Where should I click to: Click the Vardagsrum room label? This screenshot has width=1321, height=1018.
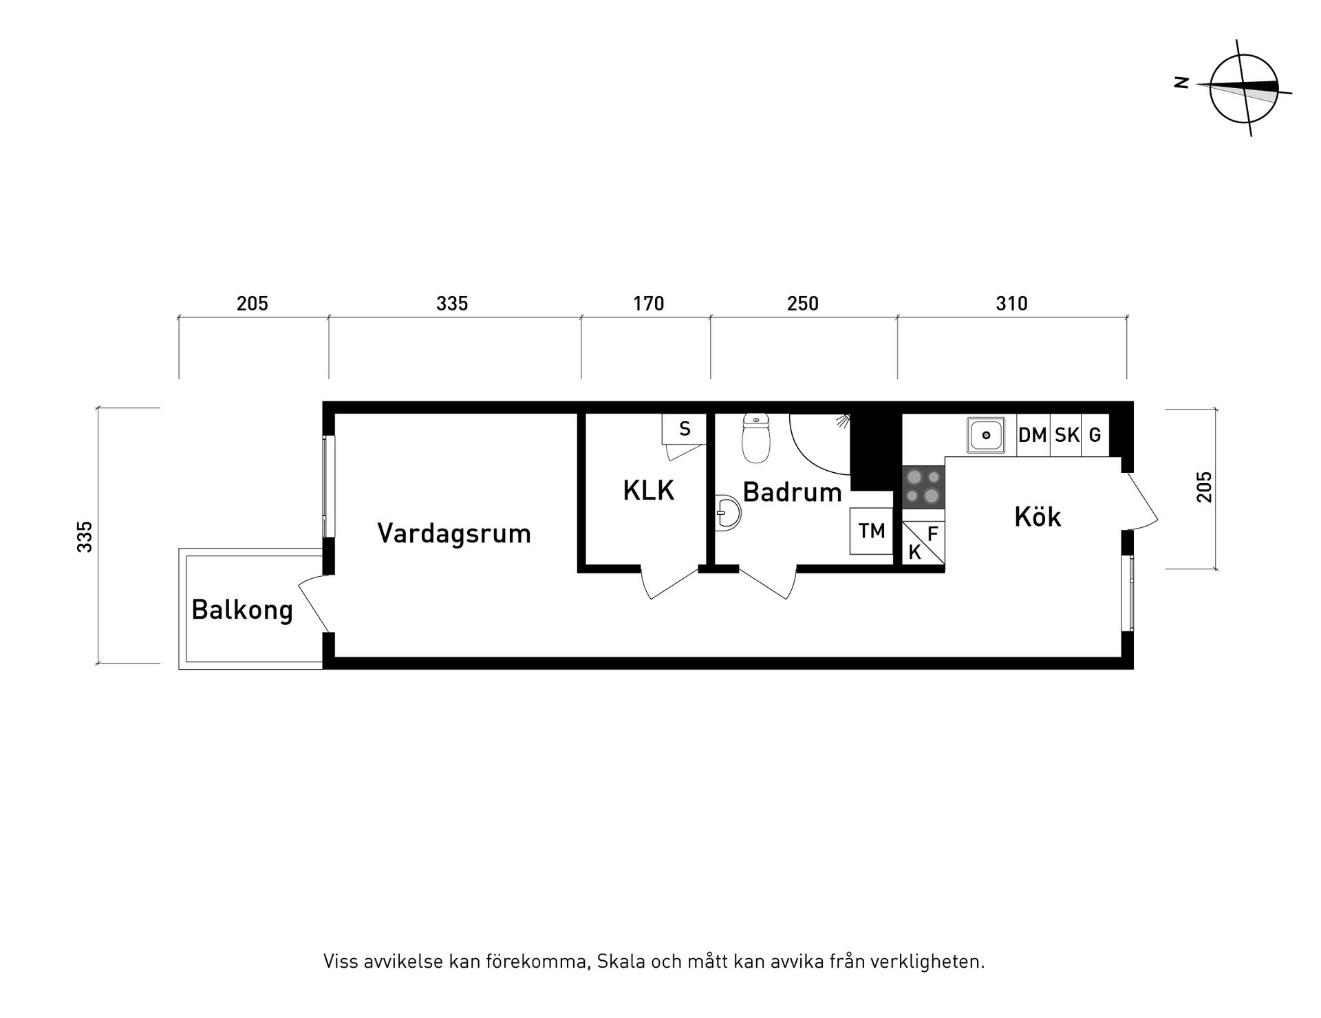(x=454, y=533)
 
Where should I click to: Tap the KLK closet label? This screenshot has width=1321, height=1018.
(x=648, y=491)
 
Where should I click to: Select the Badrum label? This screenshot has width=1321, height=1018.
(x=792, y=492)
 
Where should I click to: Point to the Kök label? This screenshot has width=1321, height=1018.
(x=1038, y=517)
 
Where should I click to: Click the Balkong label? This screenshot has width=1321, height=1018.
(x=242, y=610)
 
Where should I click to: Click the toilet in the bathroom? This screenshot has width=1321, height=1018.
(x=756, y=439)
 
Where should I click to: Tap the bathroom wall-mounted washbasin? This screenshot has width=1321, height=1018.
(x=728, y=513)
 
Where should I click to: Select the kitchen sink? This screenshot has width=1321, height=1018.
(x=986, y=435)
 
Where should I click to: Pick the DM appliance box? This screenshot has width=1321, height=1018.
(x=1033, y=435)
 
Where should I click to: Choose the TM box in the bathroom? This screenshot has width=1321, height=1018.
(x=871, y=531)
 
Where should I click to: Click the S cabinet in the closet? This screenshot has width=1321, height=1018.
(x=684, y=430)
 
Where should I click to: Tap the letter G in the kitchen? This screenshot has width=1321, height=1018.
(x=1095, y=435)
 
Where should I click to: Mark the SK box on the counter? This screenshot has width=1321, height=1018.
(x=1066, y=435)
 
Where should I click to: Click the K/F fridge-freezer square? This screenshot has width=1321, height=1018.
(x=923, y=543)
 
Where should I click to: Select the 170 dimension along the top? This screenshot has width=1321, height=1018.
(x=648, y=304)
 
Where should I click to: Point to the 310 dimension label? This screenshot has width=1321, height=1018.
(x=1011, y=304)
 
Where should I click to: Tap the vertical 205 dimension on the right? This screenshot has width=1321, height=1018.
(x=1204, y=487)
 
